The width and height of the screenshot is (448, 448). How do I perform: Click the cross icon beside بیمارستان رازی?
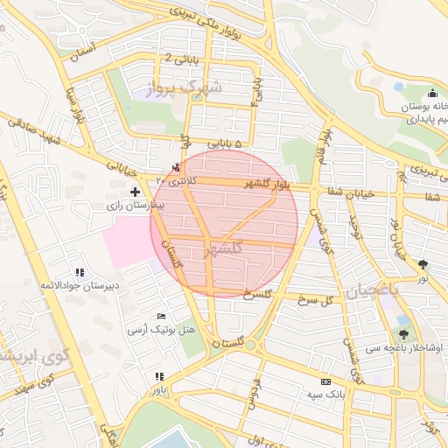click(x=134, y=191)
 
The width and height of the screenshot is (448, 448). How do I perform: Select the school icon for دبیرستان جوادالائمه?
click(x=80, y=273)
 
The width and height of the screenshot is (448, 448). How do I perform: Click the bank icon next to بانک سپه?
click(x=326, y=382)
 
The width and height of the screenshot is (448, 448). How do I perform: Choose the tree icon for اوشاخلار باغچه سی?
click(x=403, y=334)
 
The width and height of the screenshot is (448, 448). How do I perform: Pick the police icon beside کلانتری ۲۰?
click(x=178, y=166)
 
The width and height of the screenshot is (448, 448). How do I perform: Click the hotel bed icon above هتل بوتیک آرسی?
click(x=160, y=317)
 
